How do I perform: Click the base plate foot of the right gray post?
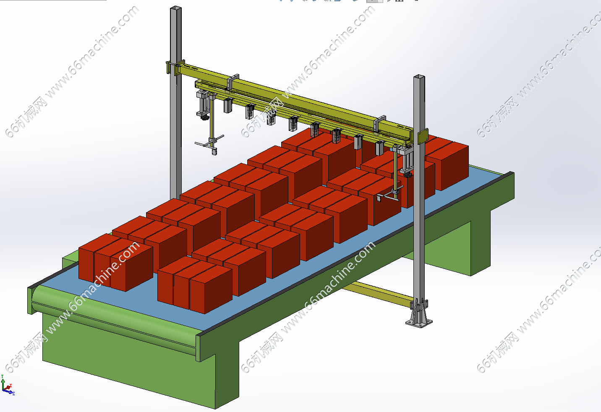[x=418, y=321]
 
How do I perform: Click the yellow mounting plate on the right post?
[x=423, y=136]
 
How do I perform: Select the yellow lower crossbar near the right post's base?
[x=378, y=293]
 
